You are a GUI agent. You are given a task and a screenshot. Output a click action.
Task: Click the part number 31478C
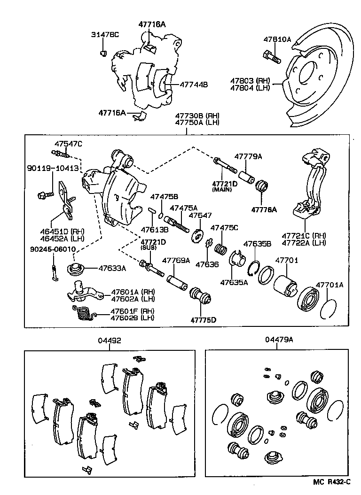[x=106, y=34]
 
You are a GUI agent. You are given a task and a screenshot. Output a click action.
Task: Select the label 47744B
[x=193, y=85]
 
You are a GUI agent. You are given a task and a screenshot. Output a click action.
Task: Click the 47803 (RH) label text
[x=249, y=80]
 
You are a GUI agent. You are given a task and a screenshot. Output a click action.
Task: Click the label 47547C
[x=68, y=144]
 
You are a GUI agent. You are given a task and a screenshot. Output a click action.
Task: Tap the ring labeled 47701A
[x=330, y=309]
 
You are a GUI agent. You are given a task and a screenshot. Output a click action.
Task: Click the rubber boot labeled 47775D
[x=200, y=297]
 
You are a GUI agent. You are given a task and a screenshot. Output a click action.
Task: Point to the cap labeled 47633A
[x=75, y=270]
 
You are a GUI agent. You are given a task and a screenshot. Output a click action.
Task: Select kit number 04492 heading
[x=110, y=340]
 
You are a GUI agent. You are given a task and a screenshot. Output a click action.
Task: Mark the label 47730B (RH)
[x=197, y=116]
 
